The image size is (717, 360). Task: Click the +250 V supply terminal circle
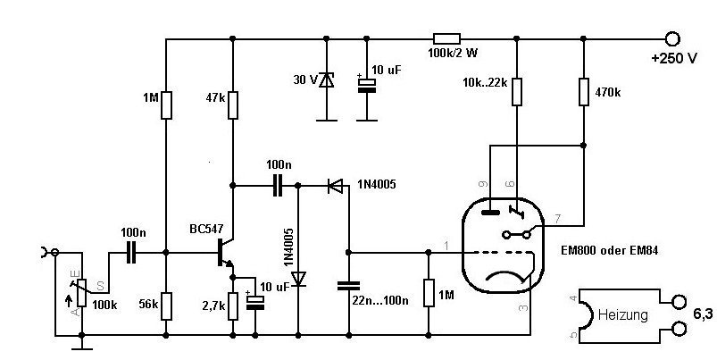(672, 39)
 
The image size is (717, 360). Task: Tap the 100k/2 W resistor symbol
(446, 39)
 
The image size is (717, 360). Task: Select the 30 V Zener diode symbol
(327, 80)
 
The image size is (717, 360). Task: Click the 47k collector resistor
(233, 105)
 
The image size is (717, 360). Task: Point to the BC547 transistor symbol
(225, 253)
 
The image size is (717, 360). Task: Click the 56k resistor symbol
(166, 306)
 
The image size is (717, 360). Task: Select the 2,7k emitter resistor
(233, 306)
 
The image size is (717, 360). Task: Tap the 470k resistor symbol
(583, 92)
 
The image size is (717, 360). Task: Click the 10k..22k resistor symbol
(517, 92)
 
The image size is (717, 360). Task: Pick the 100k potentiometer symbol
(82, 293)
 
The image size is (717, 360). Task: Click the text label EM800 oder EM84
(609, 251)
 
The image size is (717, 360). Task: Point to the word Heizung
(623, 315)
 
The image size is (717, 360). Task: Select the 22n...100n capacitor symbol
(348, 286)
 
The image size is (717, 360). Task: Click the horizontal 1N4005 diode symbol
(335, 186)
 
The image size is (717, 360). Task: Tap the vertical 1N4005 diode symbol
(298, 279)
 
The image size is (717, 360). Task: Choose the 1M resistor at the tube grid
(429, 293)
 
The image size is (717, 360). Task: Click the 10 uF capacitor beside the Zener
(366, 85)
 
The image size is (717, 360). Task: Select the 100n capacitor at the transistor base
(131, 253)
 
